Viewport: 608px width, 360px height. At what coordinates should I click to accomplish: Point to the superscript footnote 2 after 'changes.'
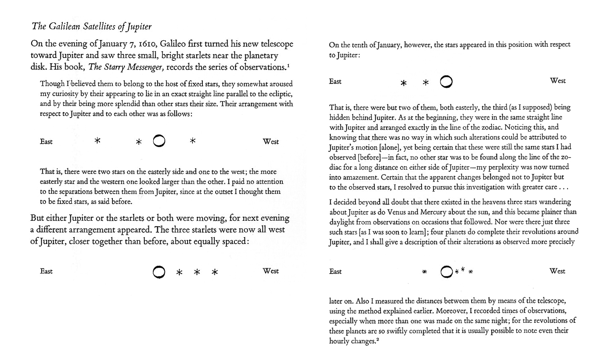377,340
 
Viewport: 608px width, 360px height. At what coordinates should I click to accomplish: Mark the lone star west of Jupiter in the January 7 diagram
192,141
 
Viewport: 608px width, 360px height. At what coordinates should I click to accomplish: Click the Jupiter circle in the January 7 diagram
159,141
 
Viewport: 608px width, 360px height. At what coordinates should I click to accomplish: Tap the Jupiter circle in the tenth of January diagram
446,82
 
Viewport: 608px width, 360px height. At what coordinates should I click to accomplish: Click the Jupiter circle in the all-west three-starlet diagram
159,272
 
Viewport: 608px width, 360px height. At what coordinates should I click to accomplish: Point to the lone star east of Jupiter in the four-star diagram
424,272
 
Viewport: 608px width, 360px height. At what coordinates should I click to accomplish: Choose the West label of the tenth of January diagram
558,81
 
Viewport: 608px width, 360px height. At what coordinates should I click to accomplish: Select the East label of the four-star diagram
335,272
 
